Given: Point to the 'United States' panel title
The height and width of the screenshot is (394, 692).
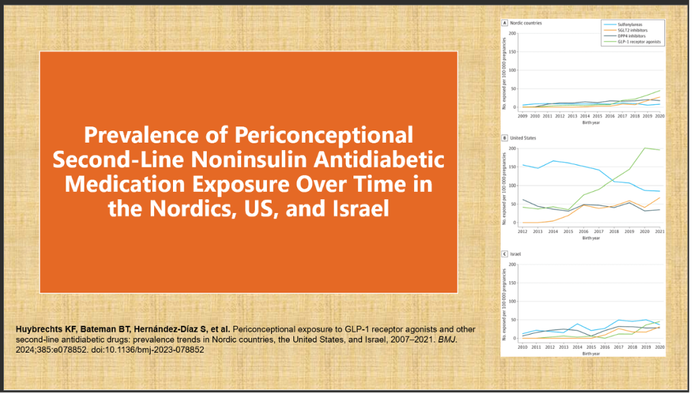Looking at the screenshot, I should tap(522, 138).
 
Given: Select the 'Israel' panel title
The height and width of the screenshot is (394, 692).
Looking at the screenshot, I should tap(515, 254).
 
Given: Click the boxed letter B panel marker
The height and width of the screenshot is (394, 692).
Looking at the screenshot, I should tap(503, 138).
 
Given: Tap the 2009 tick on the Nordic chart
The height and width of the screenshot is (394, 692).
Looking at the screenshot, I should tap(522, 116).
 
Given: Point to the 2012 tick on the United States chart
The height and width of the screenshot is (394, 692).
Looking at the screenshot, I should tap(522, 231).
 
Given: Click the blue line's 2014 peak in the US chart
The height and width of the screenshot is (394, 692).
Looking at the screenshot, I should tap(553, 161).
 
